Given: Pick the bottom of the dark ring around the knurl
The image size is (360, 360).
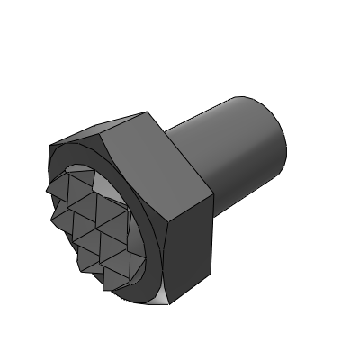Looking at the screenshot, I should tap(135, 292).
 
